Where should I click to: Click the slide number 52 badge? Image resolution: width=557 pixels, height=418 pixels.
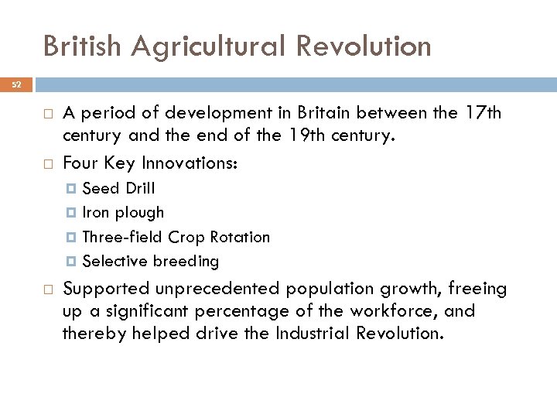point(16,85)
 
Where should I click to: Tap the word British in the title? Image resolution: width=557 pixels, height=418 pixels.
point(83,46)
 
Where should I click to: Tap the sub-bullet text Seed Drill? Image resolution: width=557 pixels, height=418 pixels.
point(118,188)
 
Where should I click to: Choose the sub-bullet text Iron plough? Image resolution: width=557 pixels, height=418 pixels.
point(123,213)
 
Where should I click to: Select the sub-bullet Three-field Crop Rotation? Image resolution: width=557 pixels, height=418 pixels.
point(176,237)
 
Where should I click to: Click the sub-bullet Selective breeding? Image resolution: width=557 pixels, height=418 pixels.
point(150,262)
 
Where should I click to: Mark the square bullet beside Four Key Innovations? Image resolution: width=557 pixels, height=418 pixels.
point(47,164)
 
